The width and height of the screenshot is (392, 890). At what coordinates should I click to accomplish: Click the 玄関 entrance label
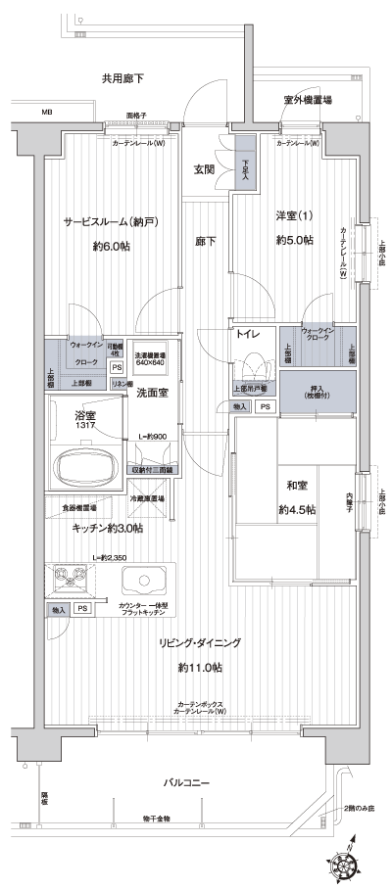204,169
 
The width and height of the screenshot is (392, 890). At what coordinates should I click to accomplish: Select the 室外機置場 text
306,100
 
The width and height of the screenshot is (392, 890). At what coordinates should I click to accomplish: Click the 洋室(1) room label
293,216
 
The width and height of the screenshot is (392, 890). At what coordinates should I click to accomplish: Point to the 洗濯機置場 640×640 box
150,357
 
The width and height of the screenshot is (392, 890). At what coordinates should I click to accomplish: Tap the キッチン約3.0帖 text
107,529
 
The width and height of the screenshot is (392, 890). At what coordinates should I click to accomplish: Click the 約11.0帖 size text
200,668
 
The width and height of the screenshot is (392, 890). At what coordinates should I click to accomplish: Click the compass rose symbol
347,866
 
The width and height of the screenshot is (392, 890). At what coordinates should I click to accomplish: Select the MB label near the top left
46,113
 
